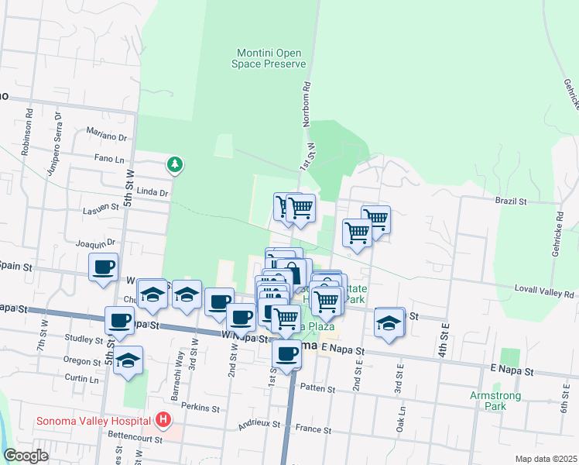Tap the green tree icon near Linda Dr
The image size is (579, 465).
tap(176, 164)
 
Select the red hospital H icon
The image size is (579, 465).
tap(163, 421)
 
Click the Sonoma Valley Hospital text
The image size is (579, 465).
tap(91, 421)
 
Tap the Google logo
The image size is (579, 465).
tap(26, 456)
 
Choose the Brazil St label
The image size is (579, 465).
tap(511, 201)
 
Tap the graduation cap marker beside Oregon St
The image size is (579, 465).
tap(128, 360)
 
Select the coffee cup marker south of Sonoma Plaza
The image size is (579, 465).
tap(287, 354)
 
